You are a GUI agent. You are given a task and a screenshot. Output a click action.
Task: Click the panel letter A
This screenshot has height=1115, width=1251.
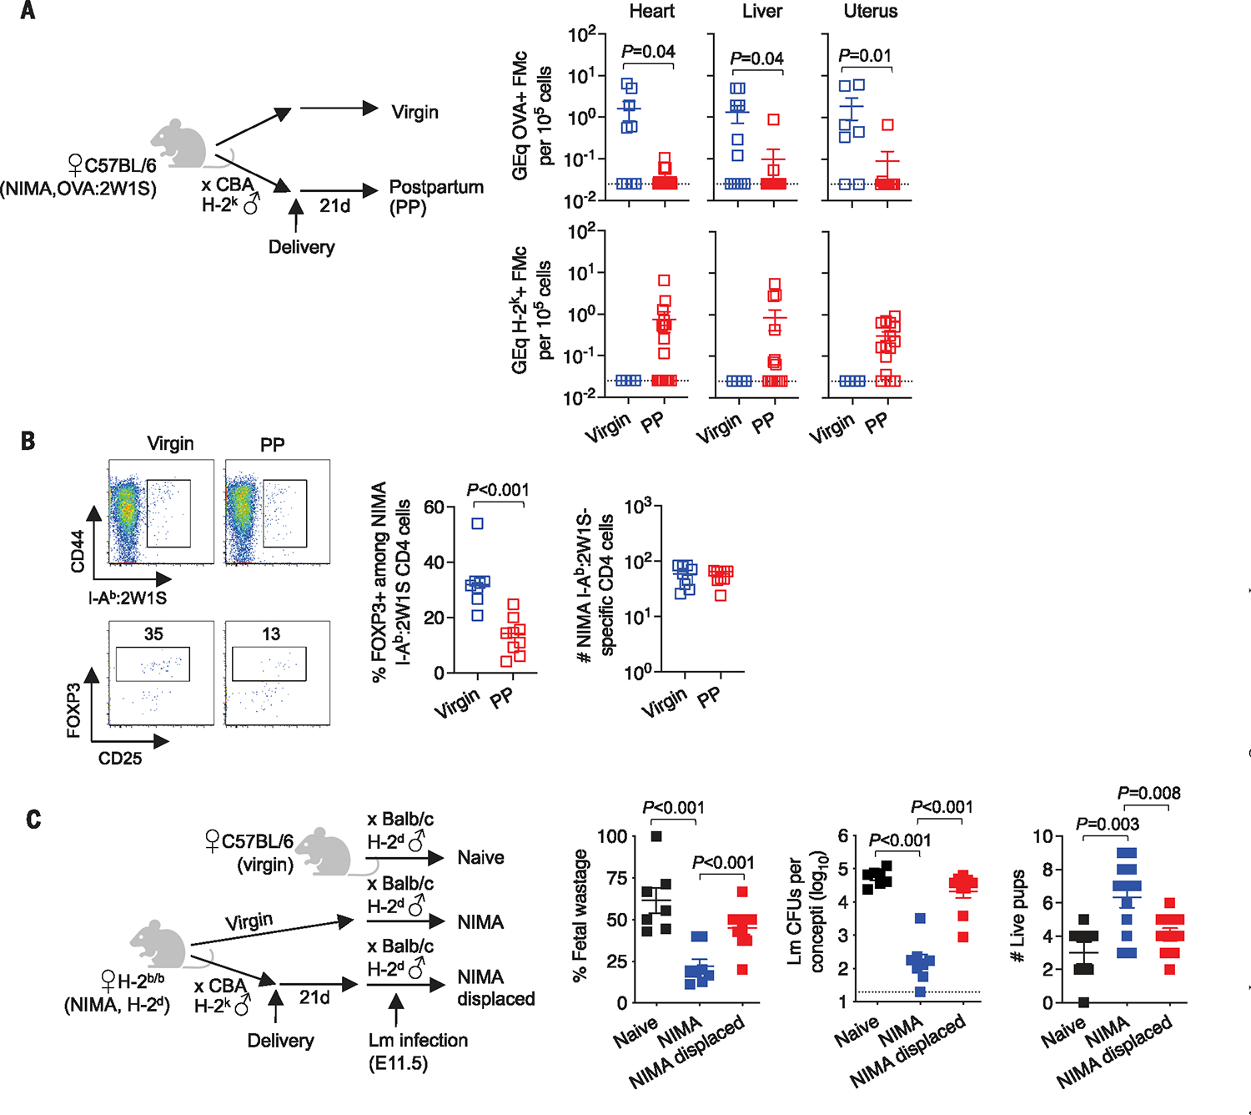28,11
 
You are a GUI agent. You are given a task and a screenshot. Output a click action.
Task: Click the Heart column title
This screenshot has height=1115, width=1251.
651,12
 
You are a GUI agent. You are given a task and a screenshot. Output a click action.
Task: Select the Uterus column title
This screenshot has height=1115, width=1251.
870,12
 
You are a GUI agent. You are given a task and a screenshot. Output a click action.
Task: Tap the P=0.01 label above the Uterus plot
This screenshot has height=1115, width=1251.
865,56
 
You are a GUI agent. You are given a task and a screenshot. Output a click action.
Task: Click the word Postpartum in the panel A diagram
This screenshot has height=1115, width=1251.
436,187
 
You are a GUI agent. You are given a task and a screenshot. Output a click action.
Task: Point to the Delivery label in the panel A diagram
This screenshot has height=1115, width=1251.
301,247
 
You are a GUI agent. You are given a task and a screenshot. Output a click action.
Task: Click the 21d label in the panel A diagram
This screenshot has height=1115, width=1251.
334,205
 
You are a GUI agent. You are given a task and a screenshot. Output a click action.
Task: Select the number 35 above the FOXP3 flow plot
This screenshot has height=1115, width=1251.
153,634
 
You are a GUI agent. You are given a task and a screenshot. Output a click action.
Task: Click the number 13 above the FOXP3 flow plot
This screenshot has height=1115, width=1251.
271,634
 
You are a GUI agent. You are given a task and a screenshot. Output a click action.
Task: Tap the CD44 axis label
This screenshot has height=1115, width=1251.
78,551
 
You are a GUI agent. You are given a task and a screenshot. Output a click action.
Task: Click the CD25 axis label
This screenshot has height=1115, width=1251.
120,759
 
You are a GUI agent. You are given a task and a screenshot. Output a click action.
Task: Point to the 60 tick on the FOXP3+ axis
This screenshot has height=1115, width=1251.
434,507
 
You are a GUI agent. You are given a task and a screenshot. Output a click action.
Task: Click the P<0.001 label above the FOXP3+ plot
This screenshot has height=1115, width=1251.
497,490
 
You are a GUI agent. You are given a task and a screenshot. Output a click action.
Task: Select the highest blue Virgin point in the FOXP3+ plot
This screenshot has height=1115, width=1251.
478,524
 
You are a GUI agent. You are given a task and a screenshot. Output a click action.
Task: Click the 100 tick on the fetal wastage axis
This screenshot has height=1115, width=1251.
612,836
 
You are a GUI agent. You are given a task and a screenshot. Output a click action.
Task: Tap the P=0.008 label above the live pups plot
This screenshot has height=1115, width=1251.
1148,793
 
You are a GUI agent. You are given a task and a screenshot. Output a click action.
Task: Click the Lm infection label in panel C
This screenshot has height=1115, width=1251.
418,1041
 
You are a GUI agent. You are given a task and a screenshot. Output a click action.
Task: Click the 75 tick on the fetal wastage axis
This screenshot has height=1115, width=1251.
616,878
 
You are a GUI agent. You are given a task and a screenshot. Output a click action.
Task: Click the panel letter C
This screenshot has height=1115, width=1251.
33,819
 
